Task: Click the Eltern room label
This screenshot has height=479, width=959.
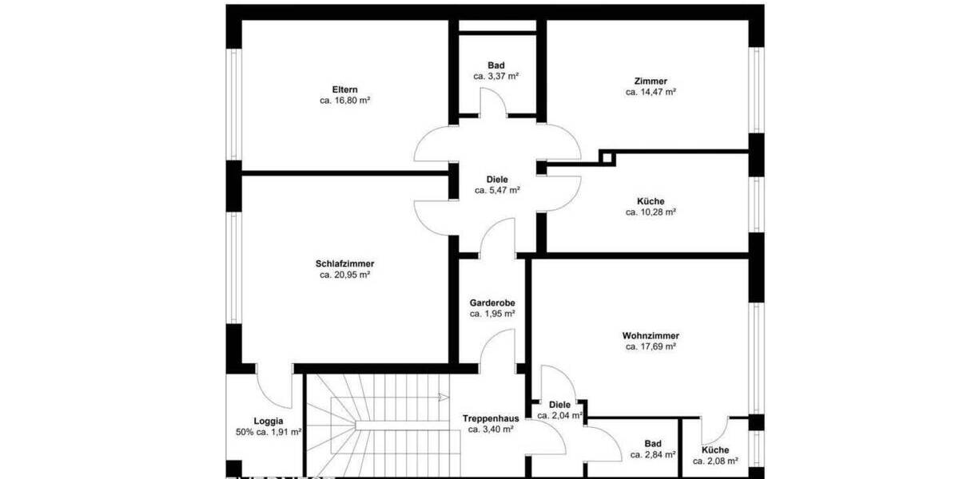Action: click(x=344, y=89)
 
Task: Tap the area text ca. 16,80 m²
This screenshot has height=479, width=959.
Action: click(x=344, y=101)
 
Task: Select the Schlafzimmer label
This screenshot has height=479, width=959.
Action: click(x=344, y=263)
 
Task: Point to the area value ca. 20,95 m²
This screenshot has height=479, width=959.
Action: click(x=344, y=275)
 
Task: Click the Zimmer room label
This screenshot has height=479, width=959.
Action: click(x=651, y=81)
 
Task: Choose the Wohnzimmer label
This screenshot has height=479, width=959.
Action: click(x=651, y=335)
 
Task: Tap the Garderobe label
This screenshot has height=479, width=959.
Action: click(x=491, y=303)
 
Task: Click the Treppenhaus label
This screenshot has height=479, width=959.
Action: click(x=491, y=418)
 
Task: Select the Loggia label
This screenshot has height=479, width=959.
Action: click(x=268, y=421)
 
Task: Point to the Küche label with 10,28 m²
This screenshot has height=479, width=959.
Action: click(x=651, y=201)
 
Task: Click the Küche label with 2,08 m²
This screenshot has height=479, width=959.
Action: click(x=714, y=449)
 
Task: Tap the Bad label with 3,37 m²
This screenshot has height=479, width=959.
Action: click(x=496, y=65)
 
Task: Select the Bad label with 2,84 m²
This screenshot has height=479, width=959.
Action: click(x=653, y=443)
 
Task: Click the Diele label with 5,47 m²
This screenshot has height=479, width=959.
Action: click(x=497, y=180)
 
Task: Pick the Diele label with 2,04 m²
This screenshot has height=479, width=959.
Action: click(x=559, y=404)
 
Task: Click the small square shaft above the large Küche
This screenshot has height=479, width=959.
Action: click(x=607, y=157)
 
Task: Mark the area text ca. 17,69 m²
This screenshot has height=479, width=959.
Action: click(x=651, y=346)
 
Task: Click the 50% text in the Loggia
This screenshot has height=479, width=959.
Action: click(x=244, y=432)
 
